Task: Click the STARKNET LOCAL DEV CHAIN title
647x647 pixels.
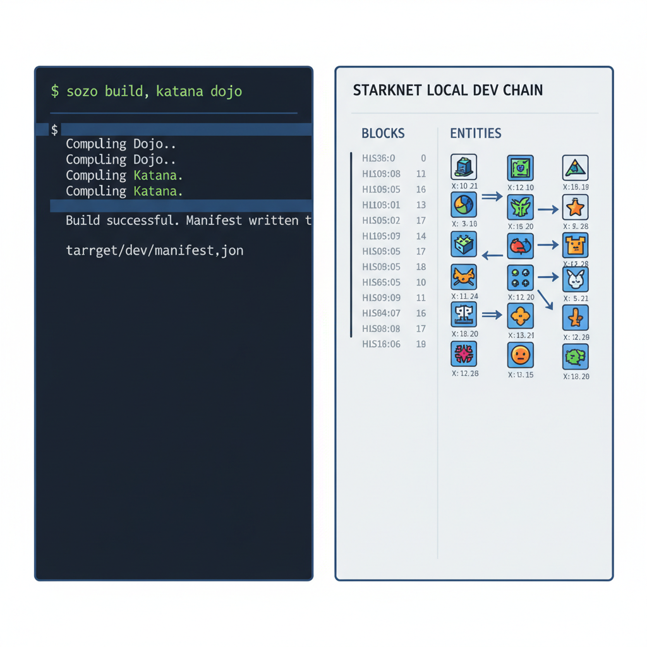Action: [447, 90]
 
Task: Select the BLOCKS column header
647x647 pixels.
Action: [383, 133]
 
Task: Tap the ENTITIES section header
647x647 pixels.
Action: [475, 133]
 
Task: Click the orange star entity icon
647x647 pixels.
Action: [575, 207]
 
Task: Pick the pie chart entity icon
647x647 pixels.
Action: [464, 205]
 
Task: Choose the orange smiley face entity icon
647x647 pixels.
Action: [520, 355]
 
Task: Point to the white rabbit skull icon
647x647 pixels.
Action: [575, 279]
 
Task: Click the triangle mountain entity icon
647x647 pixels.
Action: [575, 167]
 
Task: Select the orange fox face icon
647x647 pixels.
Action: [464, 277]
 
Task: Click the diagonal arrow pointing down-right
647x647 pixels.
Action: [545, 298]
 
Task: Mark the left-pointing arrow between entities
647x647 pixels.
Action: [492, 255]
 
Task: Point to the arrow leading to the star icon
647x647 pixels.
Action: [548, 209]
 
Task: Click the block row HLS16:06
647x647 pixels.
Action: [381, 344]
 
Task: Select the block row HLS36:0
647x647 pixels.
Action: [378, 159]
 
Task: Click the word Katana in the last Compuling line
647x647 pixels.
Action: [158, 191]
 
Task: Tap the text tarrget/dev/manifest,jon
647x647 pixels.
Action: [154, 251]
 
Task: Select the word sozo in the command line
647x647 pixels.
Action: [83, 92]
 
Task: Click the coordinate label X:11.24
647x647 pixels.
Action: [464, 296]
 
